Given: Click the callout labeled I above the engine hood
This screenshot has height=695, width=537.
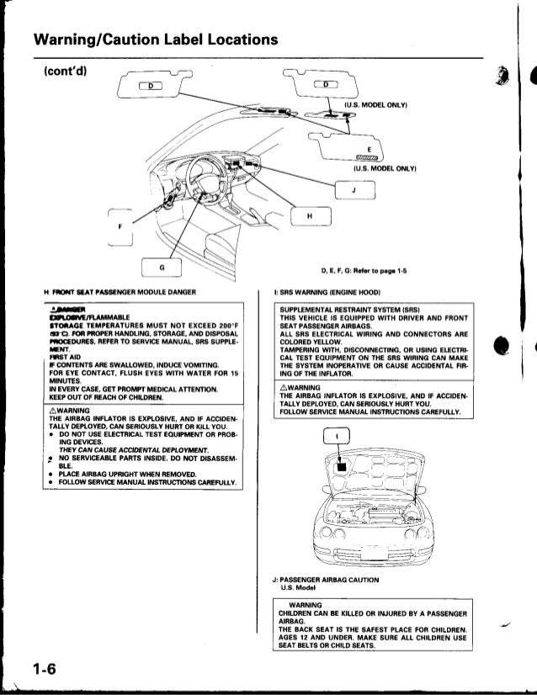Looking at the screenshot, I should [x=338, y=438].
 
